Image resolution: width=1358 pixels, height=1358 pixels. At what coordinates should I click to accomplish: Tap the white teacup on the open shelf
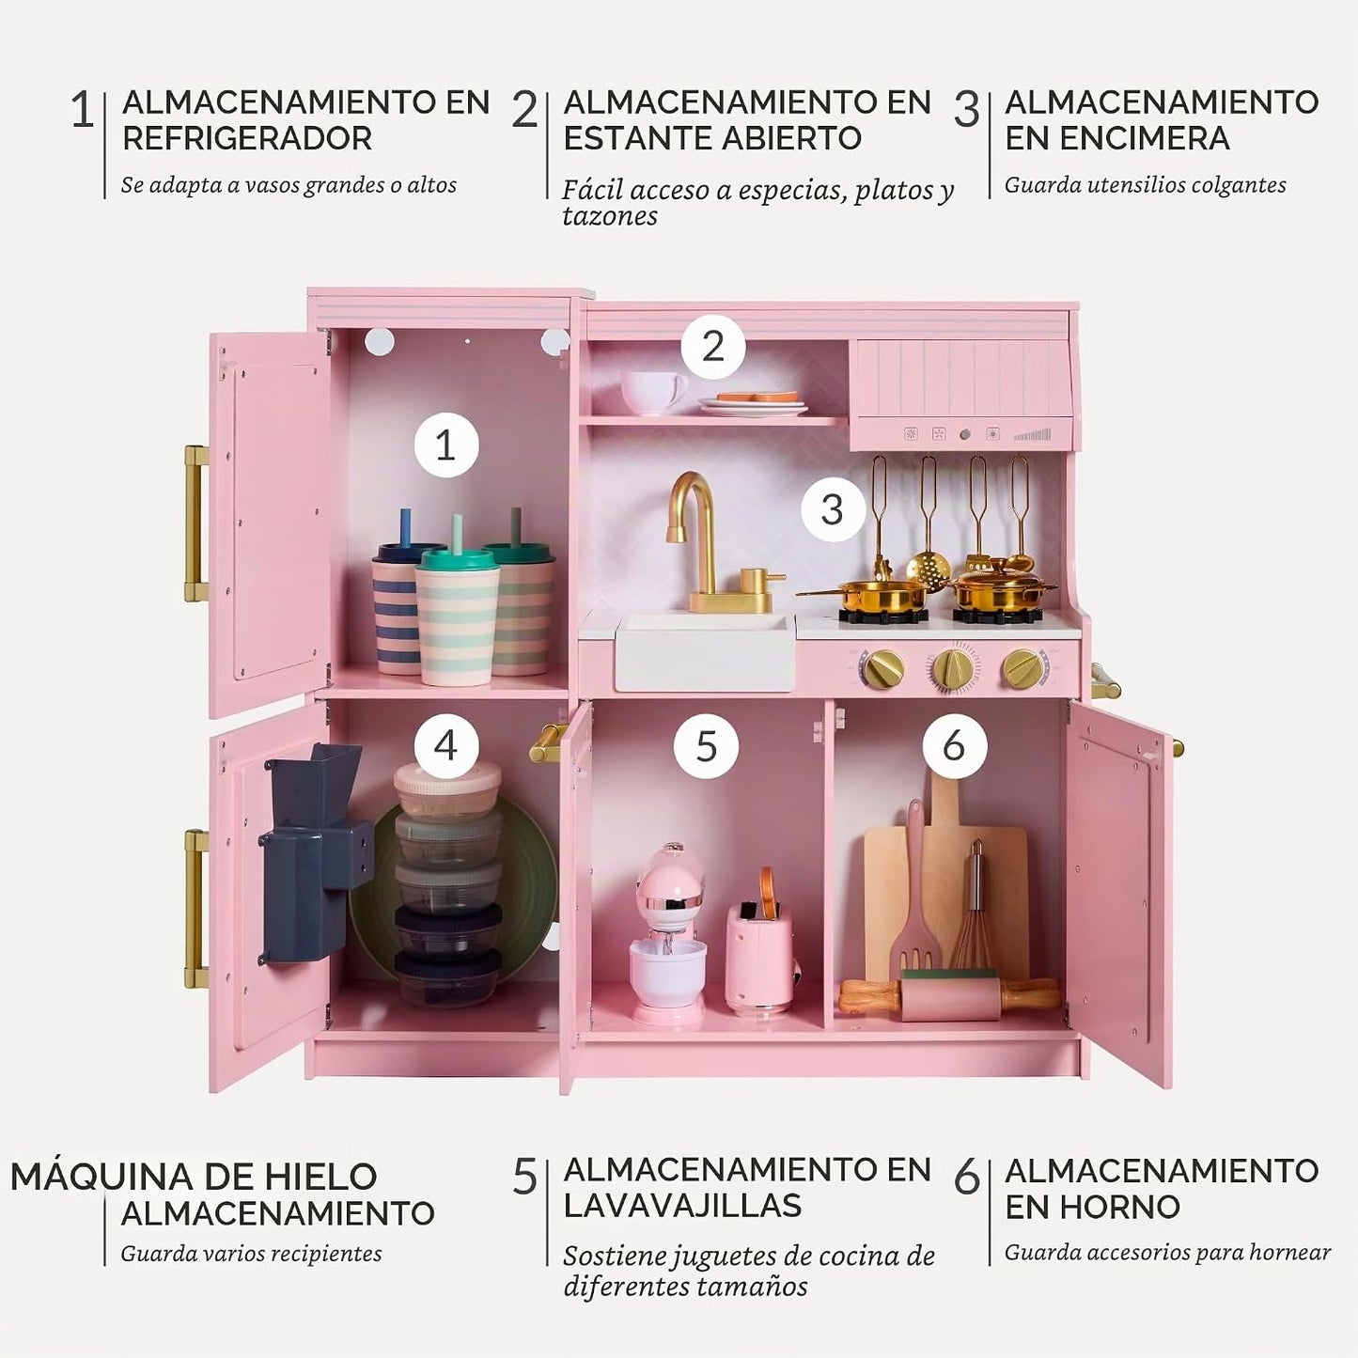click(652, 392)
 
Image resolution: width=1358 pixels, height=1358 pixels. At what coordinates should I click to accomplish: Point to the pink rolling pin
click(949, 995)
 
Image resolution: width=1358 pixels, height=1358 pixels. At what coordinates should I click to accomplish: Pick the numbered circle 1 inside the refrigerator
click(445, 445)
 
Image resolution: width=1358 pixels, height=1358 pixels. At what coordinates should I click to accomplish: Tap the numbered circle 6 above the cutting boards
click(955, 745)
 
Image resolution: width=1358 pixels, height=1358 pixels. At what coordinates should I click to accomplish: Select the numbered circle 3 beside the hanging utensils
click(833, 508)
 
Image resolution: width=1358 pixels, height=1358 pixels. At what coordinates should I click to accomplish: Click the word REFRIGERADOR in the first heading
click(247, 139)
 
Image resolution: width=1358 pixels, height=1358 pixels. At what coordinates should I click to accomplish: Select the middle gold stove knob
click(951, 666)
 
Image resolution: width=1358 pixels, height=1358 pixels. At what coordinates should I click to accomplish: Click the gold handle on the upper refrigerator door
click(195, 523)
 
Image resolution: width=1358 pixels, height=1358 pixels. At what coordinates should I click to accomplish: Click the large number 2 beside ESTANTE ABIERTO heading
click(525, 110)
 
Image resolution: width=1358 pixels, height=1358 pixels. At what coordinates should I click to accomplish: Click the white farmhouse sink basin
click(705, 651)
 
